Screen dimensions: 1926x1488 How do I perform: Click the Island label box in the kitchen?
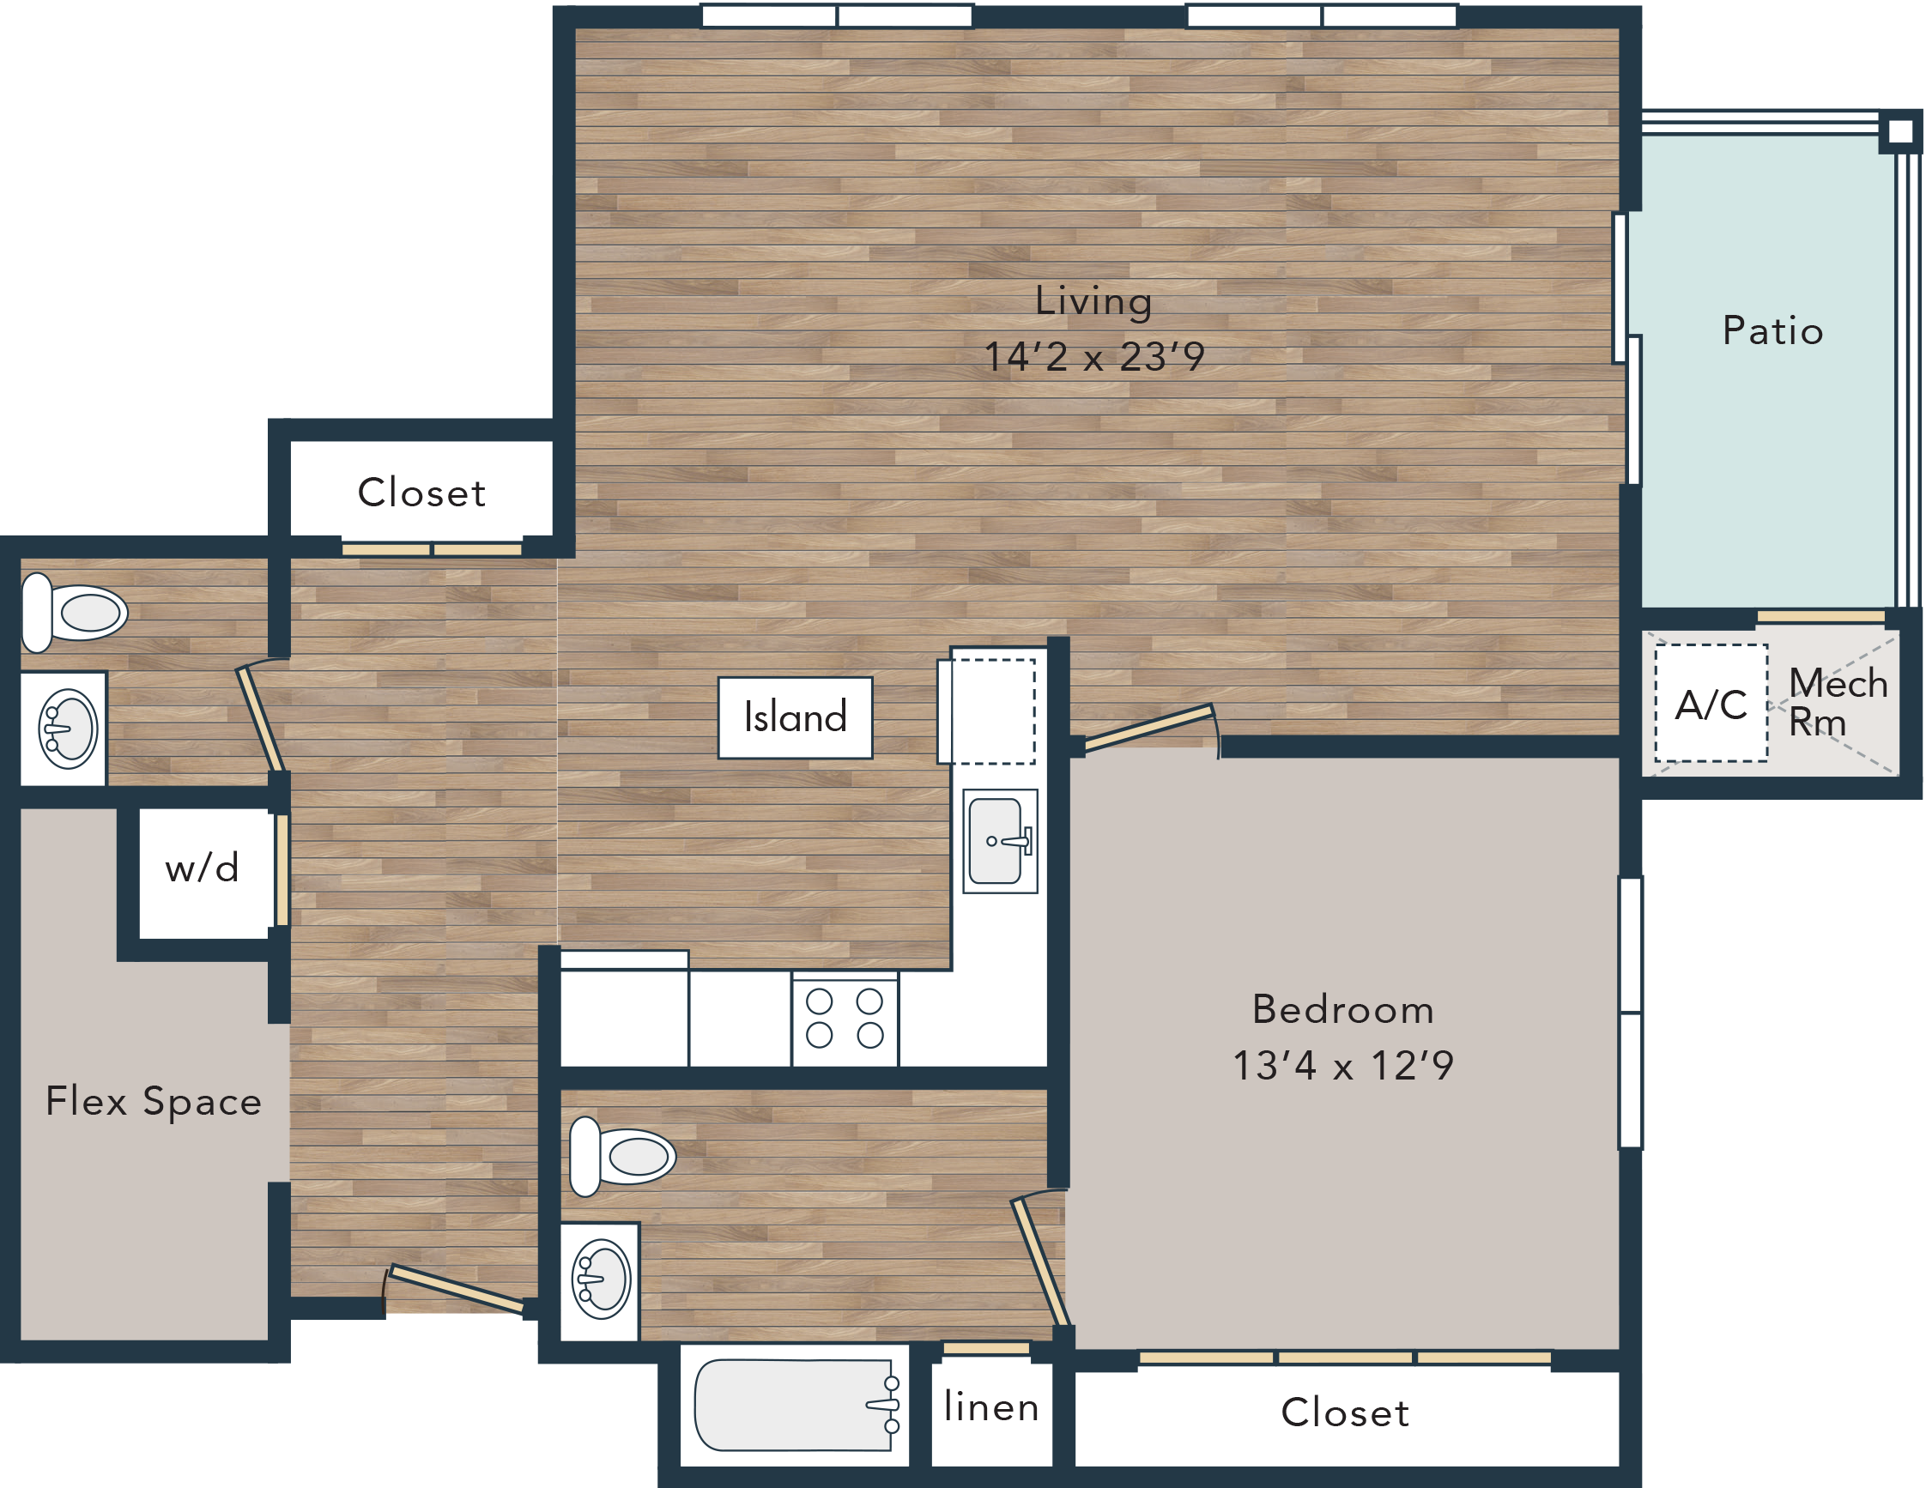tap(795, 717)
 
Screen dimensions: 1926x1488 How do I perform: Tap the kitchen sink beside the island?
tap(999, 841)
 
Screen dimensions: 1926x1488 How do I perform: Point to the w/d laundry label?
tap(202, 868)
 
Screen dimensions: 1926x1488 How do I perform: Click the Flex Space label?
tap(154, 1101)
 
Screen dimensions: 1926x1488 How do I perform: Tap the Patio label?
tap(1772, 330)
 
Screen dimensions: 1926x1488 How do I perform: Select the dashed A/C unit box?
tap(1711, 703)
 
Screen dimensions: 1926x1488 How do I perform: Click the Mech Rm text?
tap(1838, 703)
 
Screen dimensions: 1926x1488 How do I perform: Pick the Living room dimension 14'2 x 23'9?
tap(1094, 356)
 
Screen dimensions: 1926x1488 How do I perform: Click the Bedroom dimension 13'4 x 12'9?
tap(1343, 1065)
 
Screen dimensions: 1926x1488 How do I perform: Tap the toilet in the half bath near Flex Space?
tap(74, 613)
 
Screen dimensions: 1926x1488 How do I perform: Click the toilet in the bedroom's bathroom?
tap(622, 1157)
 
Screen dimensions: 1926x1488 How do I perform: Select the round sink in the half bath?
tap(68, 729)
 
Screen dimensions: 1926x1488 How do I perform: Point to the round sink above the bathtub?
tap(603, 1279)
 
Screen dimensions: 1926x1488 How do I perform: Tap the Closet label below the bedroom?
tap(1345, 1413)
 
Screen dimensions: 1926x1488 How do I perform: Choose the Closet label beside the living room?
tap(421, 493)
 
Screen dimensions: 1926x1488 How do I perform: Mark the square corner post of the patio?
tap(1900, 132)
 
